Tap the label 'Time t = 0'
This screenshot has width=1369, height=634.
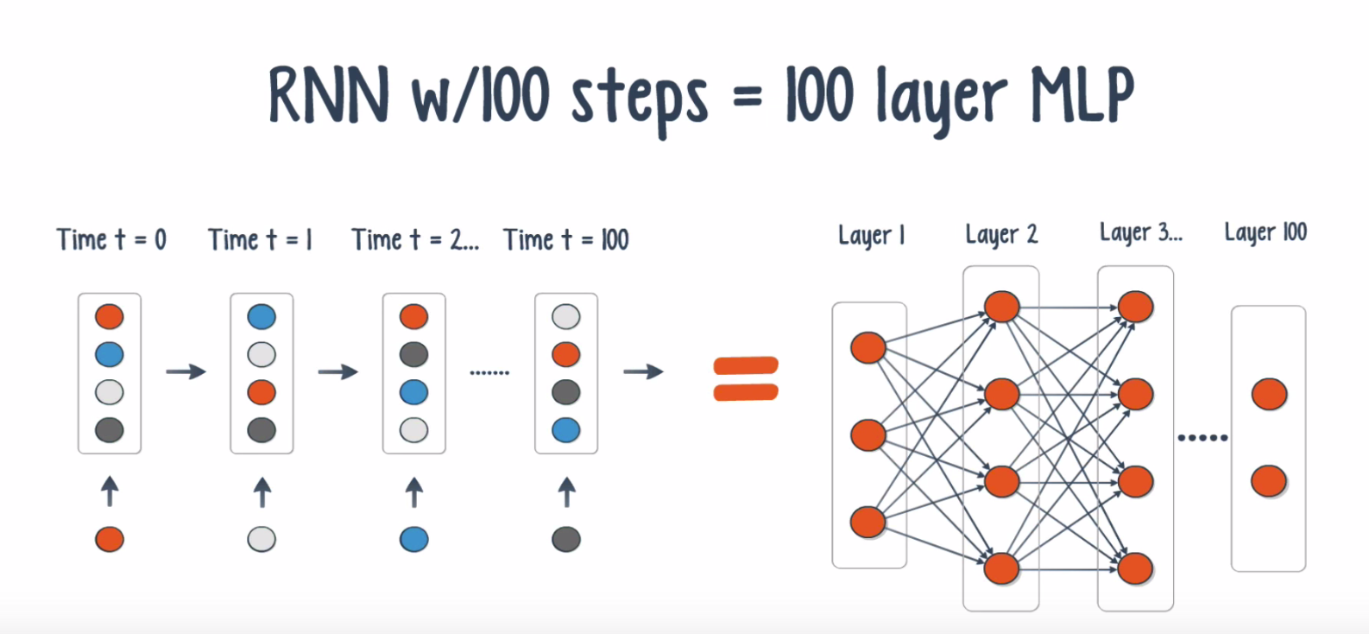click(x=110, y=239)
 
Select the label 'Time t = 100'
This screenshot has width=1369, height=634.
click(x=565, y=239)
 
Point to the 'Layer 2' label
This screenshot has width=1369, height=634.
click(x=1001, y=234)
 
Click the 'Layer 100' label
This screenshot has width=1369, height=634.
click(x=1265, y=232)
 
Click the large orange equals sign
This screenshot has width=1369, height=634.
click(x=746, y=379)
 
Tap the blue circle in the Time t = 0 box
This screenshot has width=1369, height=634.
click(x=110, y=354)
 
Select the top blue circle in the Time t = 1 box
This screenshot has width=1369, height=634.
click(x=262, y=317)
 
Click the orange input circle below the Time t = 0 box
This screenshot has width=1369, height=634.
click(x=110, y=540)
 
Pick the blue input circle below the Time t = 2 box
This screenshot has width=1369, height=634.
click(x=414, y=540)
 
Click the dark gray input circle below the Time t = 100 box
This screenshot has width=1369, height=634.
click(x=566, y=540)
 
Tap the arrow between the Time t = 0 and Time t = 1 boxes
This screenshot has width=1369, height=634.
click(x=186, y=372)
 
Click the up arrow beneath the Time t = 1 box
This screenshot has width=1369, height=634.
click(x=262, y=492)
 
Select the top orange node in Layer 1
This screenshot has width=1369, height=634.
click(x=868, y=348)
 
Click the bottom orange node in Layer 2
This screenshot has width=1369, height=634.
click(x=1001, y=568)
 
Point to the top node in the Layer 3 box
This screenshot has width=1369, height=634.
click(x=1136, y=307)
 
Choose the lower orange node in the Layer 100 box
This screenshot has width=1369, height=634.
click(x=1269, y=481)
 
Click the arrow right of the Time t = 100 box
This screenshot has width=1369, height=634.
click(x=643, y=372)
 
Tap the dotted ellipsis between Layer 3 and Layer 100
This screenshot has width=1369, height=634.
click(x=1202, y=438)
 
